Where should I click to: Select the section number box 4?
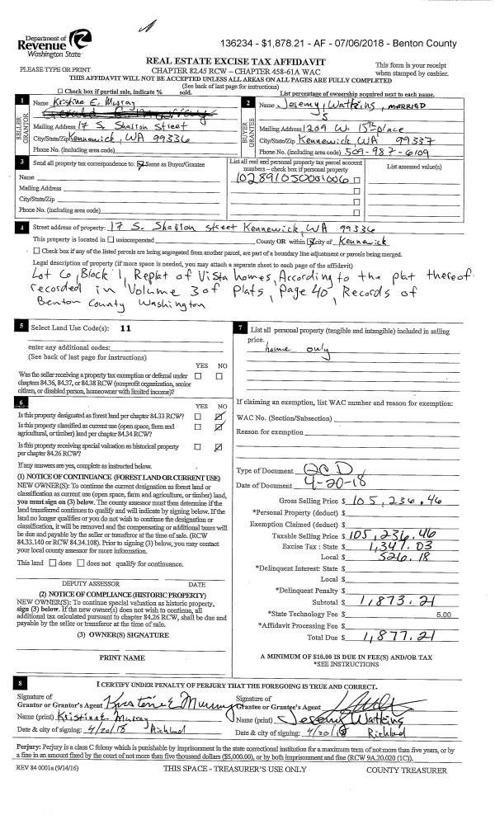(x=19, y=226)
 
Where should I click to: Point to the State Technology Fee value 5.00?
(x=443, y=591)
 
